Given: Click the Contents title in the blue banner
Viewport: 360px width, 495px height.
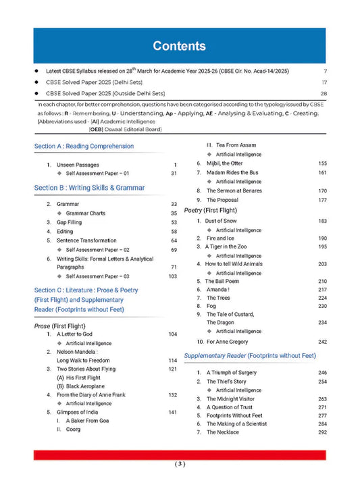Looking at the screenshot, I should [x=179, y=46].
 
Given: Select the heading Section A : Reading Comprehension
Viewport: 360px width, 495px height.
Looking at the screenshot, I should [x=84, y=146].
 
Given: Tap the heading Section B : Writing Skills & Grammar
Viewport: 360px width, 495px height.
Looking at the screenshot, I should [x=89, y=188].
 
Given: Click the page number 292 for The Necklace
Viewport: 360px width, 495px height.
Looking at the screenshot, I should [x=322, y=432].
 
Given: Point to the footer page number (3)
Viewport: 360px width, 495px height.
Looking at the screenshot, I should [x=180, y=464].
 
